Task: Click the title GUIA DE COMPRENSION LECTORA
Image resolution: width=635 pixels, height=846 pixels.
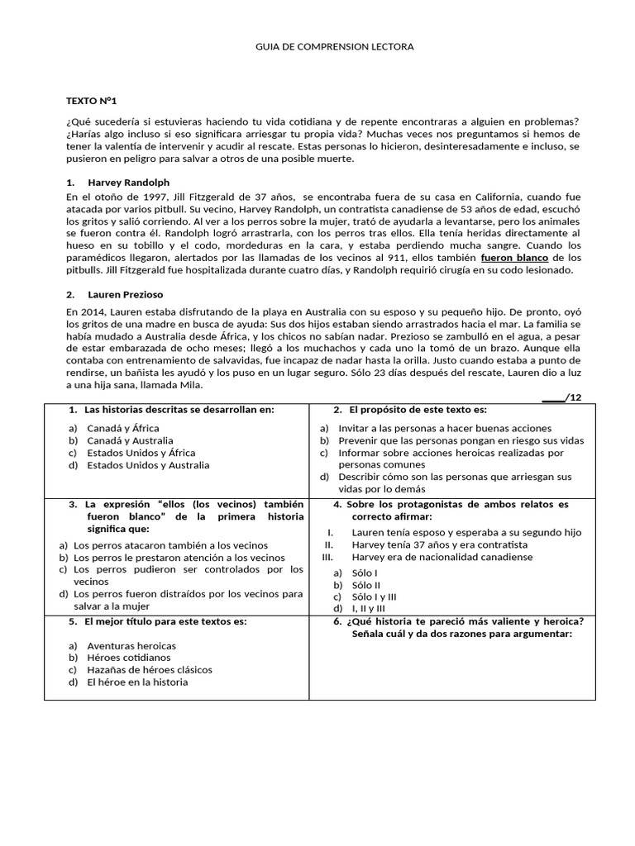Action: pyautogui.click(x=334, y=47)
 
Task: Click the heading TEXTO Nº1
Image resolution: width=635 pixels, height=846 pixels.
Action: pyautogui.click(x=92, y=101)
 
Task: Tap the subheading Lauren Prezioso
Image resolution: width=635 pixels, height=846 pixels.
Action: pyautogui.click(x=125, y=293)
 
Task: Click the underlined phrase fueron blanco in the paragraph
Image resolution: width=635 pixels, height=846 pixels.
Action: pyautogui.click(x=514, y=258)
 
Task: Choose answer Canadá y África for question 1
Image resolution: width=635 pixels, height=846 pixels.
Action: pyautogui.click(x=123, y=428)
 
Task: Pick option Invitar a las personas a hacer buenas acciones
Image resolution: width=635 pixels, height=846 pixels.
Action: pyautogui.click(x=444, y=428)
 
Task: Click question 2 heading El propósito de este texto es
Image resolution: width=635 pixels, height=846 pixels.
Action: pyautogui.click(x=418, y=410)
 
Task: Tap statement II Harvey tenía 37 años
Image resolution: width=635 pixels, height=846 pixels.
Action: pyautogui.click(x=439, y=544)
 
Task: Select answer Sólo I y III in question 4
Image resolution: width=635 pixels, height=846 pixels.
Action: pyautogui.click(x=374, y=596)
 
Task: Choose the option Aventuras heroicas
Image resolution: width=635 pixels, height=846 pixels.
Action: pyautogui.click(x=131, y=645)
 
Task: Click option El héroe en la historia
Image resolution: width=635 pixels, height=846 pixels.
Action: pyautogui.click(x=137, y=682)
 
